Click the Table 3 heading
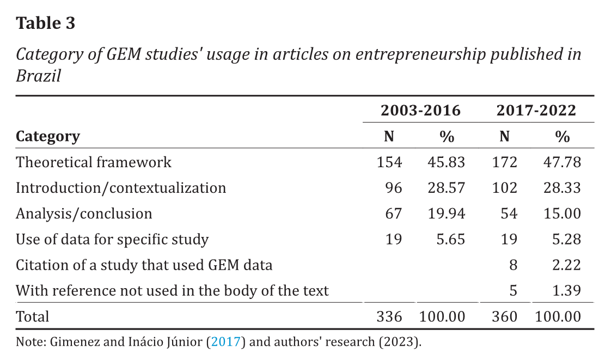[x=46, y=23]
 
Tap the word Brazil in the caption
[x=38, y=76]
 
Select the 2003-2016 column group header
[x=420, y=111]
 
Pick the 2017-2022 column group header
[x=536, y=111]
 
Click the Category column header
[x=48, y=136]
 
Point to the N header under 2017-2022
[x=504, y=137]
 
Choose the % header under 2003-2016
[x=447, y=137]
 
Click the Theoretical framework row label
[x=94, y=162]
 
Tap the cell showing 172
[x=504, y=162]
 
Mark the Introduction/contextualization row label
[x=121, y=188]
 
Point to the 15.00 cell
[x=562, y=213]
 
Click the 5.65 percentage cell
[x=450, y=239]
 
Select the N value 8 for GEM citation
[x=512, y=265]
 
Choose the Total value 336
[x=389, y=316]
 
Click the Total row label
[x=33, y=316]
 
